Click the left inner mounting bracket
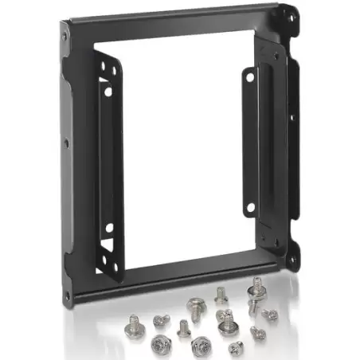click(x=107, y=159)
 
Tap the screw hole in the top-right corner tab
click(x=292, y=15)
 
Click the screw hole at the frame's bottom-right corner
click(x=293, y=260)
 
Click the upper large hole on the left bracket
click(x=108, y=92)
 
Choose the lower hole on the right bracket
click(x=250, y=209)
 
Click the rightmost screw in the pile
click(x=272, y=315)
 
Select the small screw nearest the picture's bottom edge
click(x=237, y=348)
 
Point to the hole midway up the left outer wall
click(x=65, y=143)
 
